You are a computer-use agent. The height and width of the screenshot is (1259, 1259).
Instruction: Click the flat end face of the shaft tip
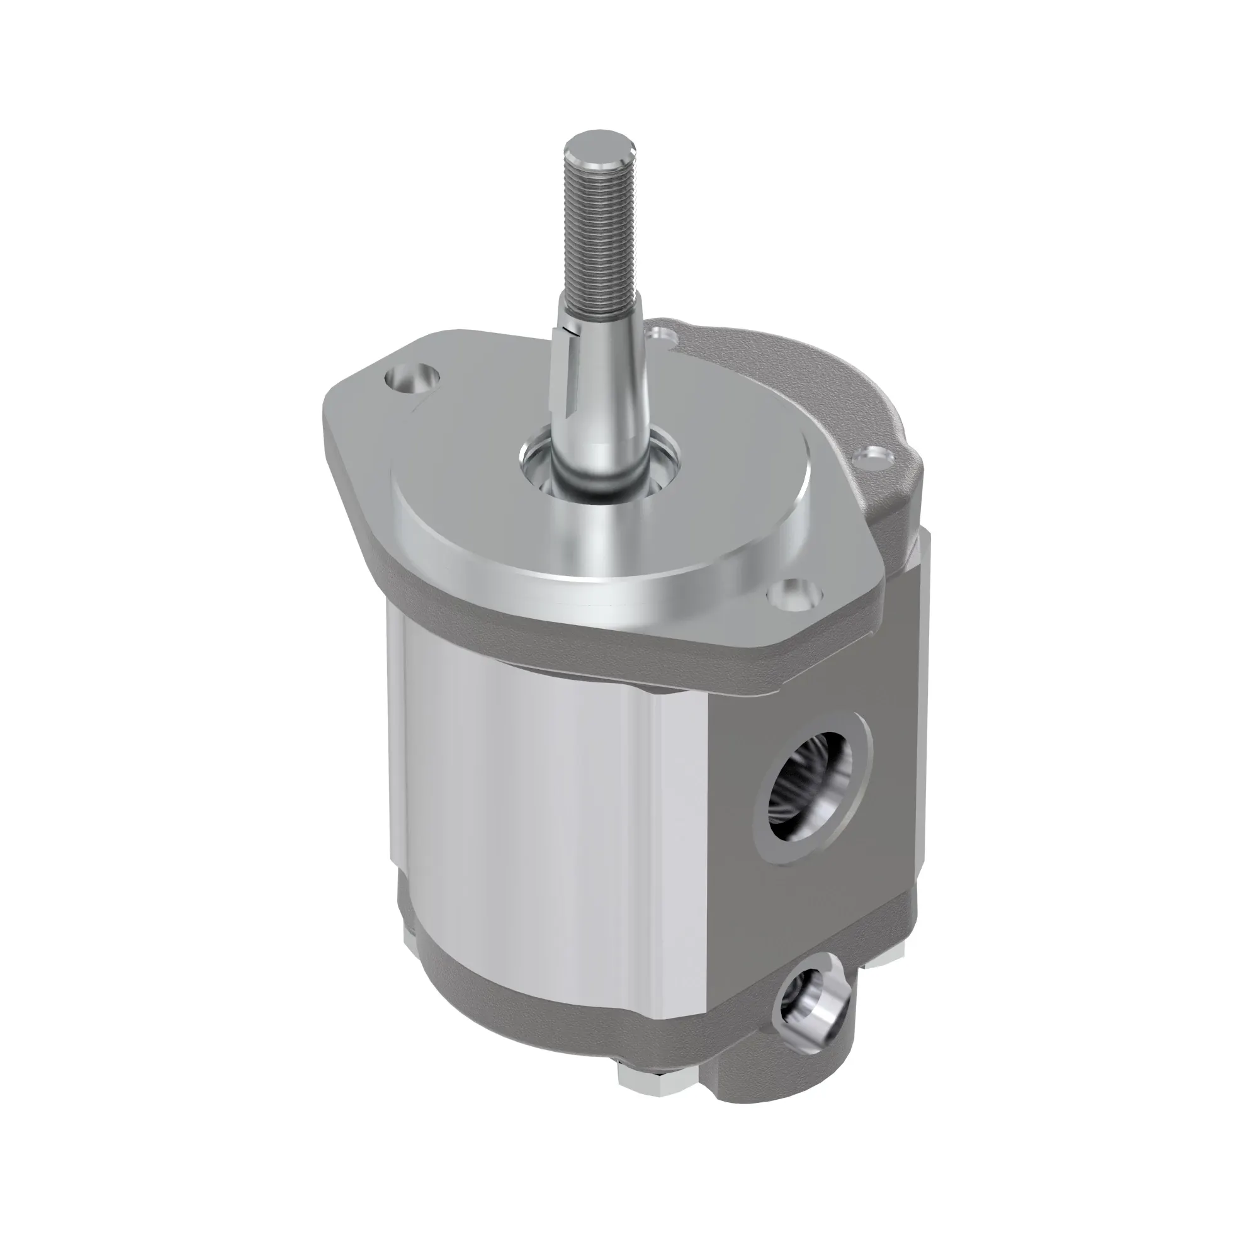click(x=599, y=149)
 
